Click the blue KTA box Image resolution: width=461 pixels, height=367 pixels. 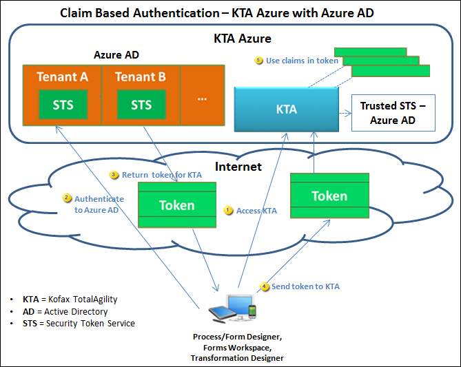(286, 109)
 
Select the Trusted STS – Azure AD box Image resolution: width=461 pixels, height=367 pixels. (393, 113)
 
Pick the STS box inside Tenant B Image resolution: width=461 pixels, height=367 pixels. (141, 105)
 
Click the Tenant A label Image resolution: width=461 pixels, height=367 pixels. (63, 76)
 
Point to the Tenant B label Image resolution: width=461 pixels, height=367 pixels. (141, 76)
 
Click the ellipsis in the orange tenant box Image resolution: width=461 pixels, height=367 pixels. (202, 98)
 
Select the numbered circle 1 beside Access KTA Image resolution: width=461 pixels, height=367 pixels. (229, 211)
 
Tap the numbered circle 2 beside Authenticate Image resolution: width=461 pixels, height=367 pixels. (67, 198)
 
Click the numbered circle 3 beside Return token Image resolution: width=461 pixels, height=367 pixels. (114, 175)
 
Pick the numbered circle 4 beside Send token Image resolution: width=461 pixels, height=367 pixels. (265, 286)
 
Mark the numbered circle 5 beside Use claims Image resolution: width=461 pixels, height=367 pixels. (259, 61)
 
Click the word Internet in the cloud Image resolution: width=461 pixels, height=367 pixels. (238, 167)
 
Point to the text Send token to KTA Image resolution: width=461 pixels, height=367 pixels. (305, 286)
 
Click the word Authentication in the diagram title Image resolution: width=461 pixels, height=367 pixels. (169, 12)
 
